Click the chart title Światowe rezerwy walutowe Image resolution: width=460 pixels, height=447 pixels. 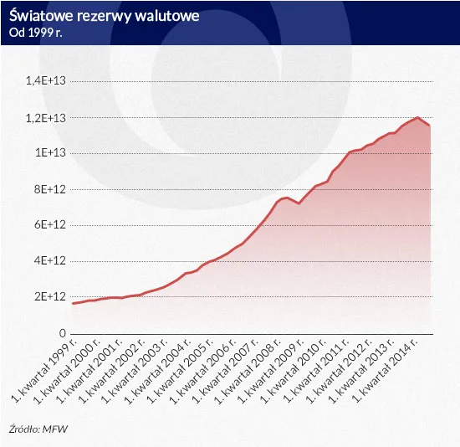tap(105, 16)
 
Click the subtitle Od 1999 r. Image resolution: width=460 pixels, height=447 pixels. tap(38, 33)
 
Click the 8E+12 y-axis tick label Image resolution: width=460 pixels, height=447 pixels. tap(49, 189)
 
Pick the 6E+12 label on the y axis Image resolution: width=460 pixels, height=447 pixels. tap(49, 225)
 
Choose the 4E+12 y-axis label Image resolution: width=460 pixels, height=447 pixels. tap(49, 261)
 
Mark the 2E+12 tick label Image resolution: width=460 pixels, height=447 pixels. tap(49, 297)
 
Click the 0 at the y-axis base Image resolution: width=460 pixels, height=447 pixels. tap(61, 333)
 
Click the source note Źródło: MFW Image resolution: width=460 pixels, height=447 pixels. tap(40, 429)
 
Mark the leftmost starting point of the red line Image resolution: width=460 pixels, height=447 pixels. tap(73, 303)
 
